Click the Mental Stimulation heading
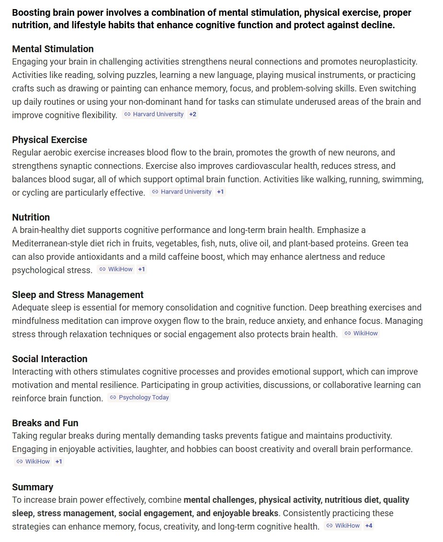point(53,49)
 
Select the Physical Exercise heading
point(49,140)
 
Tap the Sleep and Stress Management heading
point(78,295)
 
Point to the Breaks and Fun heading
point(45,423)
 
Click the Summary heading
point(33,487)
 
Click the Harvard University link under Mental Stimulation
point(158,114)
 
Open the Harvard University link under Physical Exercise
point(186,192)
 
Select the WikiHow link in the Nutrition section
point(120,269)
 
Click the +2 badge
point(193,114)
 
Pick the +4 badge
point(368,526)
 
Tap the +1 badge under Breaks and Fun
point(59,462)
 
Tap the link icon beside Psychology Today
point(113,398)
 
